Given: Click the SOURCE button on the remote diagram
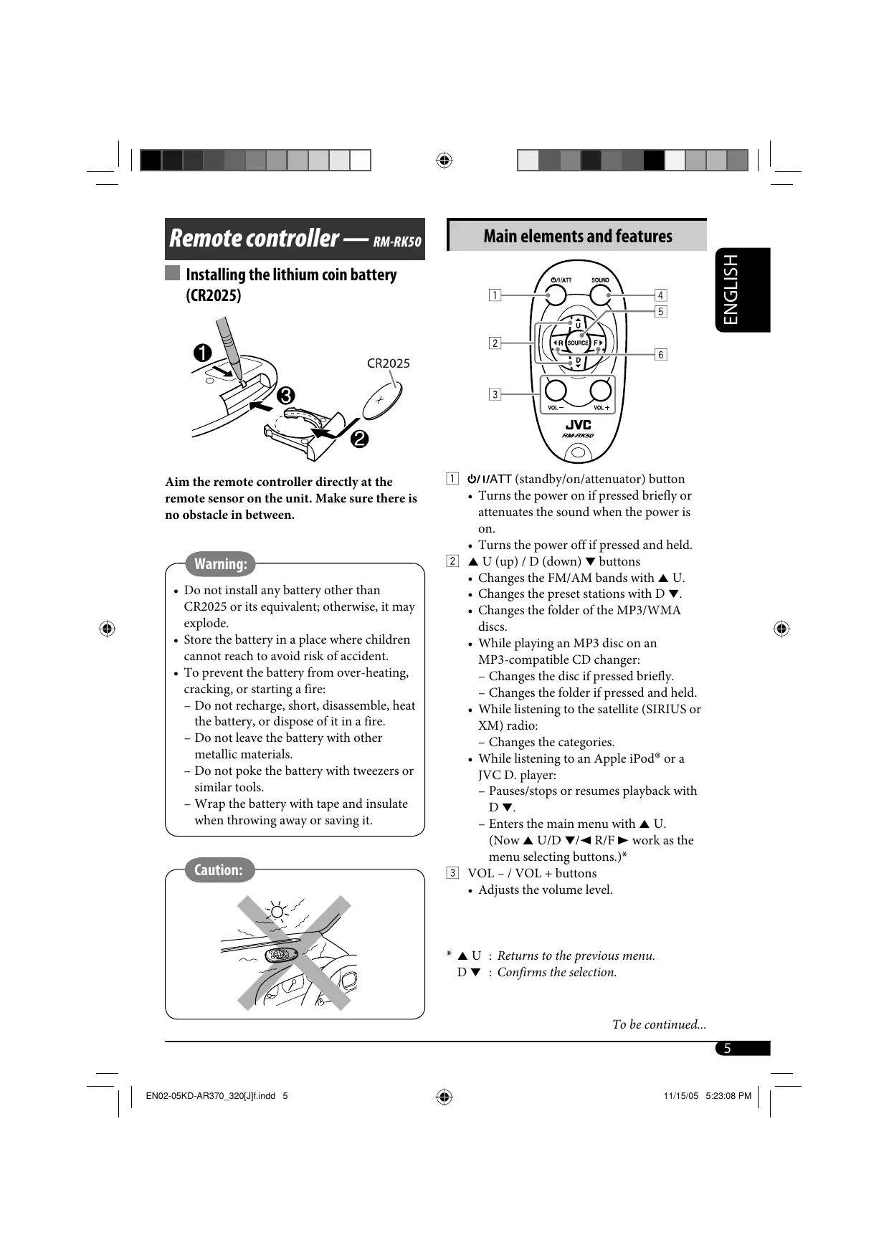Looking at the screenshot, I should click(578, 343).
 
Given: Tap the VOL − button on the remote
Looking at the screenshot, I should click(556, 391).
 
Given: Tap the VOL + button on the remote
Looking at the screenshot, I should click(601, 391).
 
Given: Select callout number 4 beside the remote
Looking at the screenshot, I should click(660, 295).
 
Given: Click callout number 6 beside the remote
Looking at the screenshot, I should click(660, 354).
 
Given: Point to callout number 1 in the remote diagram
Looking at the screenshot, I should click(495, 295).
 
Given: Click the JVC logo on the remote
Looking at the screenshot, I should click(578, 425).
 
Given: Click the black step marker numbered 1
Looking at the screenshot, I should click(203, 353).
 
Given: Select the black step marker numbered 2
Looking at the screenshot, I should click(359, 439).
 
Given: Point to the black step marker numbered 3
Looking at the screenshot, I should click(285, 396).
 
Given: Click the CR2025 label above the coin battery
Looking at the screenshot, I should click(389, 363).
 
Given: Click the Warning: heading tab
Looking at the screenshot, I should click(220, 564).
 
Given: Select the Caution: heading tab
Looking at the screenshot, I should click(218, 870).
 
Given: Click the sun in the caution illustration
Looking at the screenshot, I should click(277, 912).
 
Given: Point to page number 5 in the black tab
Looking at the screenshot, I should click(727, 1049).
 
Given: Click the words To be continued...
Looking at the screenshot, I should click(659, 1024).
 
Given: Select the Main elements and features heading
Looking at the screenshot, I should click(578, 236).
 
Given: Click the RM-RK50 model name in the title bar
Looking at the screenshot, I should click(397, 242).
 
